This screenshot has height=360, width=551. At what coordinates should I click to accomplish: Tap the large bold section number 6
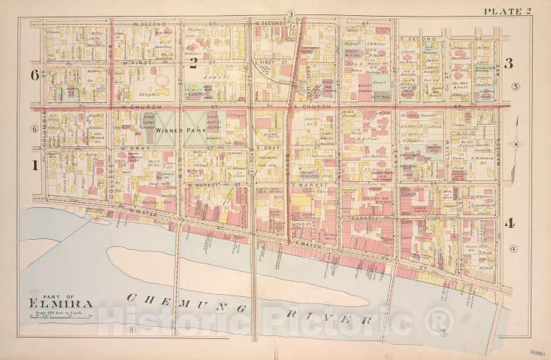coord(33,75)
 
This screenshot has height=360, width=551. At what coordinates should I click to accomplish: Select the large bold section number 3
coord(508,64)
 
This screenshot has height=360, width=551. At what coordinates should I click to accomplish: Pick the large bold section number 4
coord(510,223)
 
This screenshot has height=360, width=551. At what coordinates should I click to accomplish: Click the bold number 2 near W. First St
coord(193,63)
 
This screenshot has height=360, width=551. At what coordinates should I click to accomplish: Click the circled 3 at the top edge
coord(290,14)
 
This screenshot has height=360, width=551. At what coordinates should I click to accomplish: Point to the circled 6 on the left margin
coord(34,129)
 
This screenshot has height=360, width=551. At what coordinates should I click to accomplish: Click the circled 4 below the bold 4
coord(513,249)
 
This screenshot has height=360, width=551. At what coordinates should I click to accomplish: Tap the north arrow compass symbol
coord(515,143)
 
